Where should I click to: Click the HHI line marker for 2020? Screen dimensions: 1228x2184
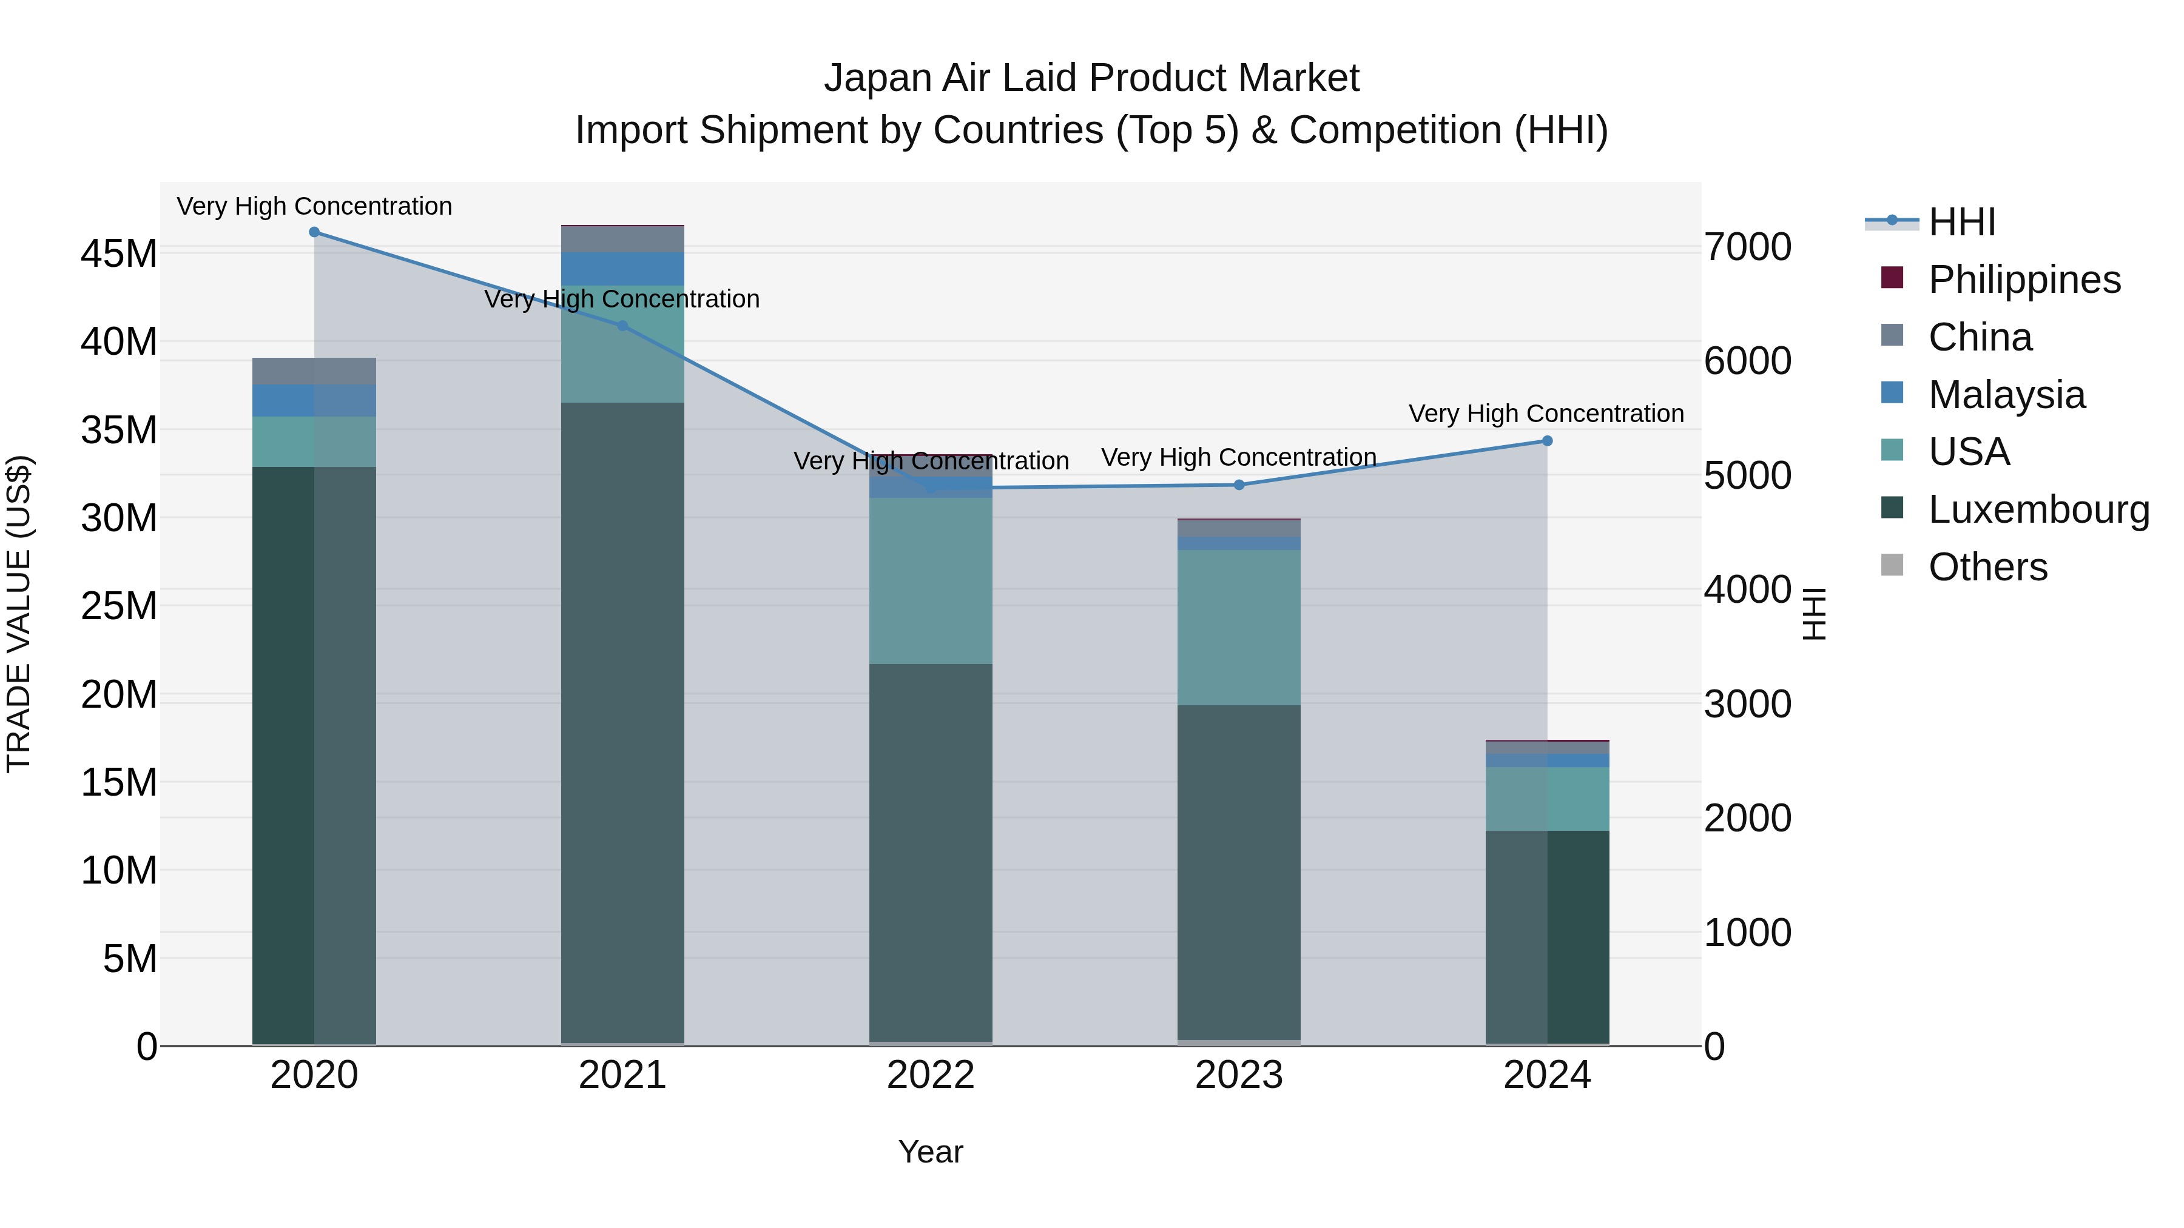(x=314, y=232)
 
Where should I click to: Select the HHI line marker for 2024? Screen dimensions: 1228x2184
(x=1546, y=441)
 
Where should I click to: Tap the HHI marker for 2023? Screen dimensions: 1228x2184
(x=1239, y=485)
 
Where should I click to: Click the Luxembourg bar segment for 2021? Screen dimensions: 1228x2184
(x=622, y=720)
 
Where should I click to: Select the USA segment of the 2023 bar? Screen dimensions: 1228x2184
(x=1239, y=627)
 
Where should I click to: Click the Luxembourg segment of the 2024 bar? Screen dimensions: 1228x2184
(x=1546, y=936)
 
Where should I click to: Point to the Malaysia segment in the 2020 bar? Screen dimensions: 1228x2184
(x=314, y=400)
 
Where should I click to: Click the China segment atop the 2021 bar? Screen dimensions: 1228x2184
(x=622, y=239)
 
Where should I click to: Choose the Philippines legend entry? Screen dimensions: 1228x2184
(x=2024, y=280)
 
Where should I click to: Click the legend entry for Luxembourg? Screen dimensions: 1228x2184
(x=2038, y=509)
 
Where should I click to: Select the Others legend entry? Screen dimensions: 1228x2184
(x=1987, y=567)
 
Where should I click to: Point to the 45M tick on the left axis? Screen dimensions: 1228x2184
(x=119, y=253)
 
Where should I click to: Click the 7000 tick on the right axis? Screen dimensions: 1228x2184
(x=1748, y=247)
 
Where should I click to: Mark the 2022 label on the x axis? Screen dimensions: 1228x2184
(x=930, y=1075)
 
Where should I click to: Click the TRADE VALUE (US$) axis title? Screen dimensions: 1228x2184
(x=19, y=614)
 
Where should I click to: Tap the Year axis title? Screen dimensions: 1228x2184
(x=930, y=1152)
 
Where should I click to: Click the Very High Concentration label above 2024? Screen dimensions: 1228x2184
(x=1546, y=414)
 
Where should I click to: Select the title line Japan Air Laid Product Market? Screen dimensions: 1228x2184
(x=1091, y=78)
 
